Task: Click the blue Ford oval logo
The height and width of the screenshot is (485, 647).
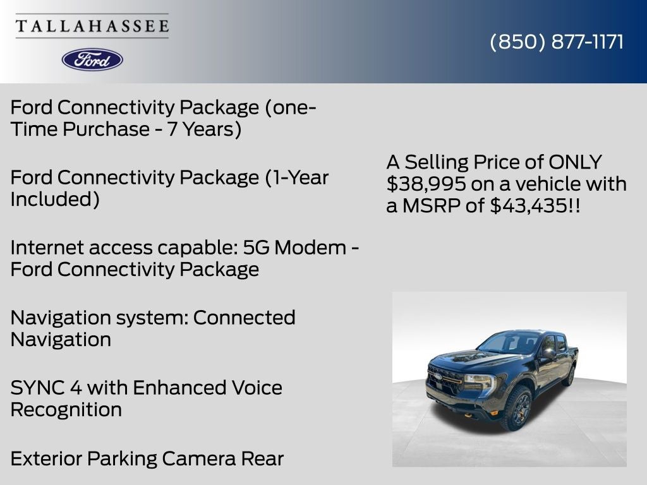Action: pyautogui.click(x=92, y=60)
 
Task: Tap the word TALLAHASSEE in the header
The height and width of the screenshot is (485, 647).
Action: pyautogui.click(x=92, y=26)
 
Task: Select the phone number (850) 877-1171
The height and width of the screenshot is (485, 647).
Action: pyautogui.click(x=557, y=42)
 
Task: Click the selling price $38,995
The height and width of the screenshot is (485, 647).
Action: pyautogui.click(x=426, y=184)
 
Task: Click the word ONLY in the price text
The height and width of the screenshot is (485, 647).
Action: pyautogui.click(x=575, y=162)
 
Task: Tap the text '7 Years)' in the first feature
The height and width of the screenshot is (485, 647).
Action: pyautogui.click(x=204, y=129)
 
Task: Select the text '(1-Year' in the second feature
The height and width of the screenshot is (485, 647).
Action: pyautogui.click(x=297, y=177)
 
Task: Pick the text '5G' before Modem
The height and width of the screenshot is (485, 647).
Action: pyautogui.click(x=257, y=248)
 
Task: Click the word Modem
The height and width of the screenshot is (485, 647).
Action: pyautogui.click(x=310, y=248)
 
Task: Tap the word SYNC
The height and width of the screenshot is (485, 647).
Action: pyautogui.click(x=37, y=388)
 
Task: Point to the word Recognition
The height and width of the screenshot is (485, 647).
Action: pyautogui.click(x=66, y=410)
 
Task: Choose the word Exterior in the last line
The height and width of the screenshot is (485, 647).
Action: pyautogui.click(x=46, y=458)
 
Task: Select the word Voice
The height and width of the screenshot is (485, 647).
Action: pyautogui.click(x=257, y=388)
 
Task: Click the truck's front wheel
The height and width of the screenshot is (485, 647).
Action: pyautogui.click(x=517, y=409)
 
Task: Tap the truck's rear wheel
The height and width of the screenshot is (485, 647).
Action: pyautogui.click(x=569, y=375)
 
